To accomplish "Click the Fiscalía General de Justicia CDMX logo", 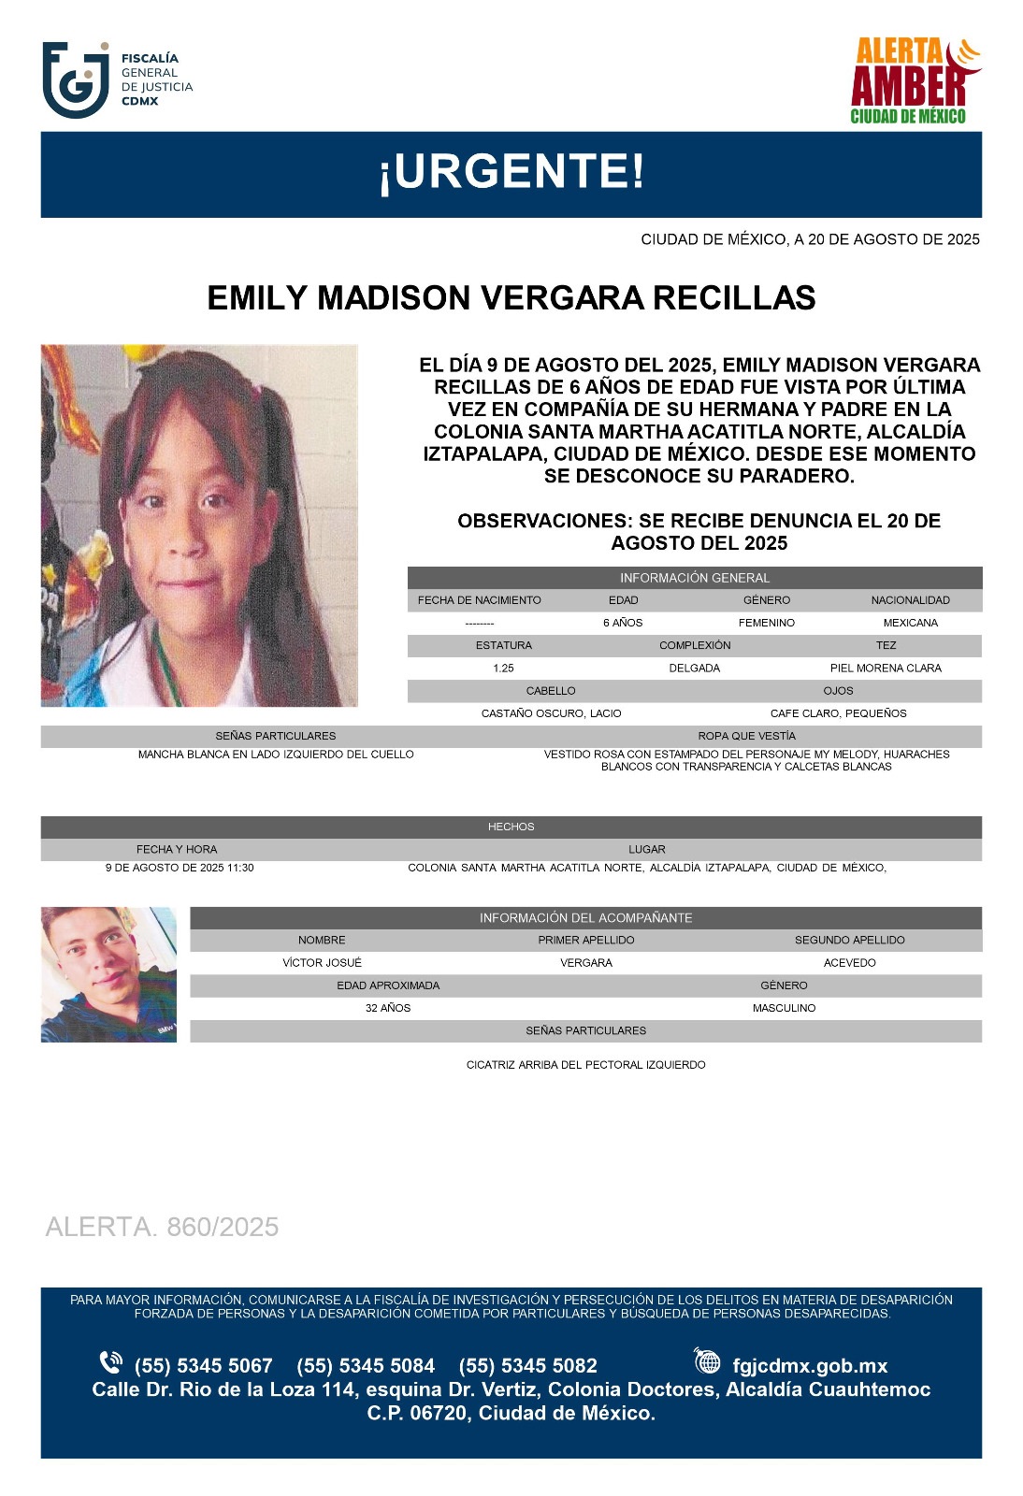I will (x=117, y=80).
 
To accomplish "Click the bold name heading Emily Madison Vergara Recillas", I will (x=511, y=298).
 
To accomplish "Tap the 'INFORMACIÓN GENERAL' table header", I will (x=694, y=578).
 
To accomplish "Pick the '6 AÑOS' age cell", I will (x=623, y=623).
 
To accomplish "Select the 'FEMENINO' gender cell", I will (x=766, y=623).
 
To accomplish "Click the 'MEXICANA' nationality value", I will (x=910, y=623).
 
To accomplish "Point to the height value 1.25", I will (x=503, y=669).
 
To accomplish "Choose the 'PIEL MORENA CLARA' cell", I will (x=886, y=669).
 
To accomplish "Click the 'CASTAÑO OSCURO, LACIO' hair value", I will (x=551, y=713).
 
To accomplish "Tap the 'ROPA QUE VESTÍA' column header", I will (x=746, y=736).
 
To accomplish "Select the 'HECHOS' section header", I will (x=511, y=827).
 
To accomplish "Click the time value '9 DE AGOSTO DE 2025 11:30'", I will (x=180, y=868).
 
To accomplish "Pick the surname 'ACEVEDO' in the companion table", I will (x=849, y=963).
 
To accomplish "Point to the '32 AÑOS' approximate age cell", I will (x=388, y=1008).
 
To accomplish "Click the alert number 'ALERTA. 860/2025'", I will (x=162, y=1227).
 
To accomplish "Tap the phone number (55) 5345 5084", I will (x=366, y=1366).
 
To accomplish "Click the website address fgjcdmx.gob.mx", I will (x=810, y=1366).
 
